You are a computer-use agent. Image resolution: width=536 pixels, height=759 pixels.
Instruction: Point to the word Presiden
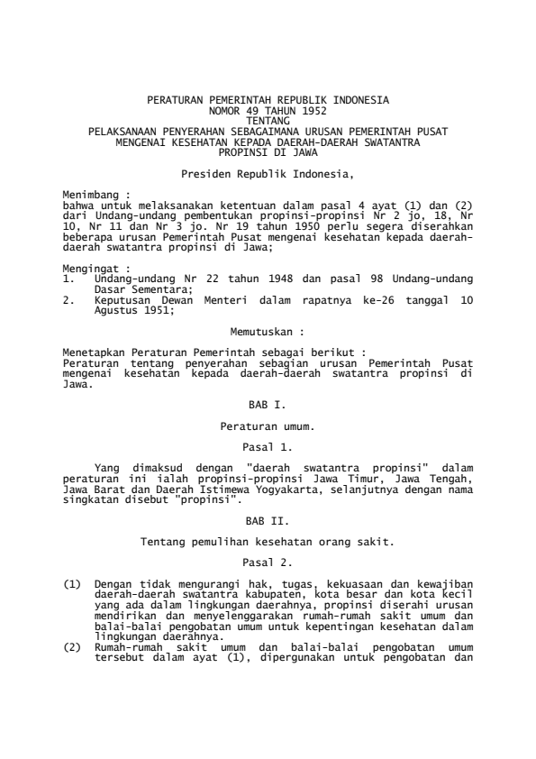pyautogui.click(x=203, y=171)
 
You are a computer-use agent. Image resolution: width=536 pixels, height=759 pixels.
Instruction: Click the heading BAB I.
pyautogui.click(x=268, y=407)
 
